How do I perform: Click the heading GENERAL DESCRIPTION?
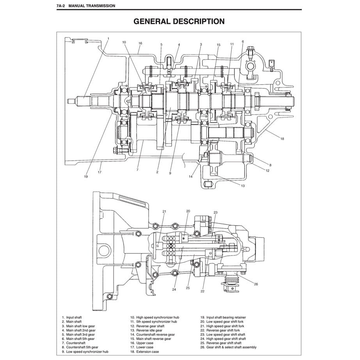[x=179, y=21]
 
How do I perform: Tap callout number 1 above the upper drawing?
[x=108, y=38]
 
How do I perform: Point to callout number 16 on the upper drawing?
[x=140, y=43]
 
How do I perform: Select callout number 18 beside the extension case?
[x=282, y=139]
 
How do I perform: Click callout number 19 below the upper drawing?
[x=86, y=176]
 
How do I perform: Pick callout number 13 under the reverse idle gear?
[x=243, y=186]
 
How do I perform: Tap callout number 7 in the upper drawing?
[x=137, y=170]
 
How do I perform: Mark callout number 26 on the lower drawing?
[x=256, y=284]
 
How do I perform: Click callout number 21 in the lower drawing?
[x=164, y=212]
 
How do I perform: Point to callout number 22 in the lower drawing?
[x=203, y=291]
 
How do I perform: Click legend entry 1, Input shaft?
[x=74, y=317]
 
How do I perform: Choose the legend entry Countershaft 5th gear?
[x=80, y=347]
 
